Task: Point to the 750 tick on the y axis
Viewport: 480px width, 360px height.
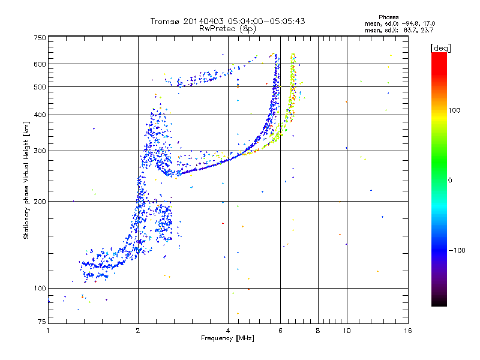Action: click(40, 38)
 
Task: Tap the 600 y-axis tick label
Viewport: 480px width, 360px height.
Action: click(40, 64)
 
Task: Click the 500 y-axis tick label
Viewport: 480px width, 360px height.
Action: click(40, 87)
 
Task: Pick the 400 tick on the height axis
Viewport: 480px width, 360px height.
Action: click(40, 115)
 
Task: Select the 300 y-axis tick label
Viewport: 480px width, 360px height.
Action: click(40, 151)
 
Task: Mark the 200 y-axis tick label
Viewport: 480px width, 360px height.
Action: click(40, 202)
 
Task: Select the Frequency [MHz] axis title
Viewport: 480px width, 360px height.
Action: click(227, 339)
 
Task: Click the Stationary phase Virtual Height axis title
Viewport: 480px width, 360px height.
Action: click(26, 180)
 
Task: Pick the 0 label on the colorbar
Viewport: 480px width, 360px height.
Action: click(451, 180)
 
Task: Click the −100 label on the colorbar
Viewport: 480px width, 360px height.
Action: click(457, 250)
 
